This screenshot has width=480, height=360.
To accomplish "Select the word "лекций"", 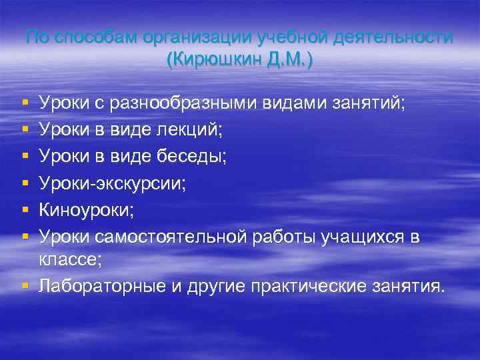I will [x=199, y=129].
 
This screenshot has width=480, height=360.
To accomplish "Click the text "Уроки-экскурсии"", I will [x=113, y=183].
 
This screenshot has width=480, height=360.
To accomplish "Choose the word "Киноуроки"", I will [x=86, y=209].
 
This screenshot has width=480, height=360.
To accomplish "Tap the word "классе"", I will [x=70, y=260].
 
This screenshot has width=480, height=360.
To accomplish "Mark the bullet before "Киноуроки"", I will [x=25, y=210].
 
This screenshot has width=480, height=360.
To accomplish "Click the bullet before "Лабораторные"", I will [x=25, y=287].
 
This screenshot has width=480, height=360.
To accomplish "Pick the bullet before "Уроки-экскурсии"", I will [x=25, y=183].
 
